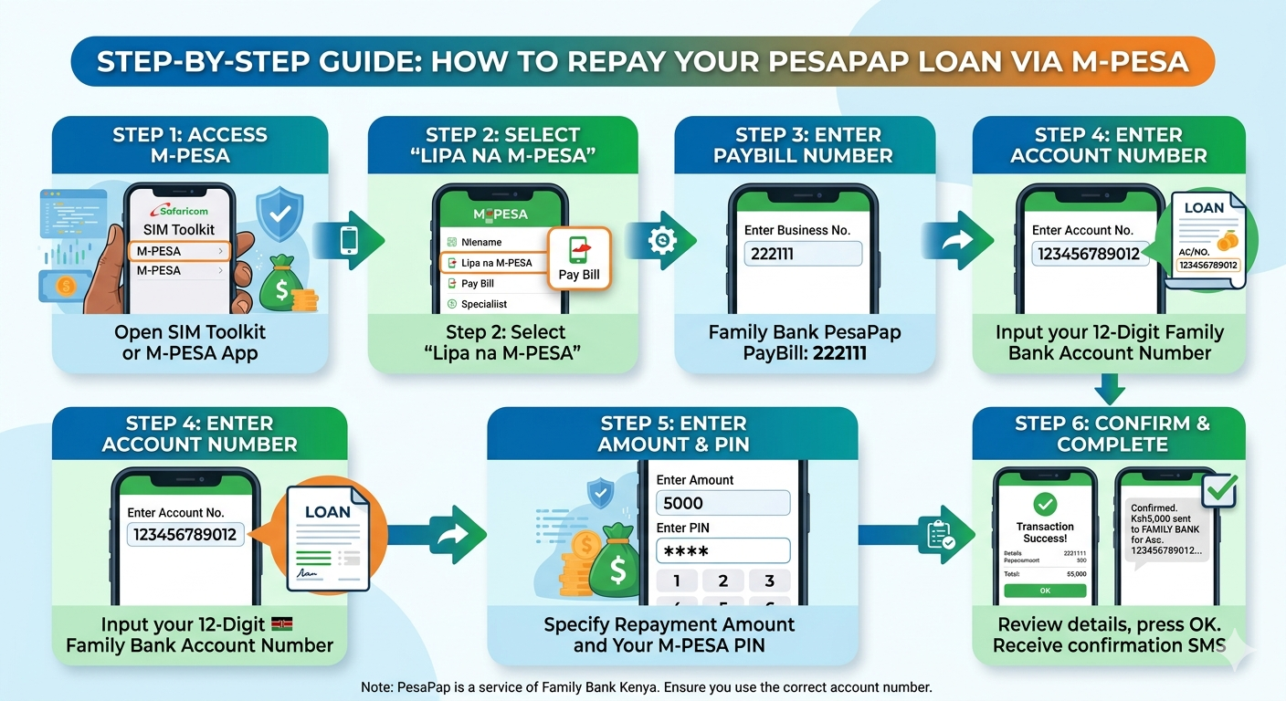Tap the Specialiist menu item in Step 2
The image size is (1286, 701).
click(x=484, y=304)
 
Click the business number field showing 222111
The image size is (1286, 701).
click(x=803, y=253)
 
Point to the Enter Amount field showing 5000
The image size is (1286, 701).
click(x=722, y=503)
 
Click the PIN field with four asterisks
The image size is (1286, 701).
click(x=722, y=551)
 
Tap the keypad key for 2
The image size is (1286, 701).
click(x=723, y=581)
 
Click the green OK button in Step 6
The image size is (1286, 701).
click(x=1045, y=591)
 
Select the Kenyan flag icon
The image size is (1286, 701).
click(x=282, y=624)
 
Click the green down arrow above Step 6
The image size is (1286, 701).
click(x=1110, y=390)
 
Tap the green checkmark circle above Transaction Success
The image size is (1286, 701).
click(x=1045, y=503)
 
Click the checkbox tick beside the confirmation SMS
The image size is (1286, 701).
click(x=1218, y=490)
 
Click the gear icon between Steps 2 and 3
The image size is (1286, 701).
click(x=661, y=240)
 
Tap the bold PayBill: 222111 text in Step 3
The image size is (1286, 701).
click(x=804, y=353)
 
